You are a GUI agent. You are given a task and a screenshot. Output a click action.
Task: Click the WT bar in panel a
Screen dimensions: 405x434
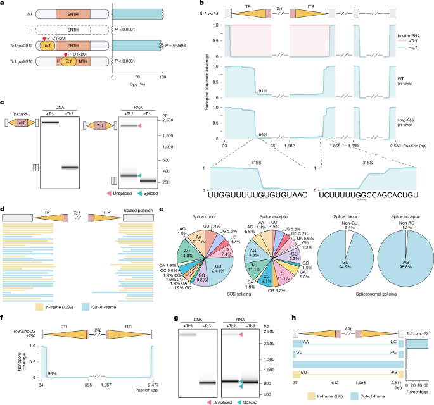[x=137, y=13]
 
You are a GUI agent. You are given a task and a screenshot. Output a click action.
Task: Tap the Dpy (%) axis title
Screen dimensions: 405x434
[x=137, y=77]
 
